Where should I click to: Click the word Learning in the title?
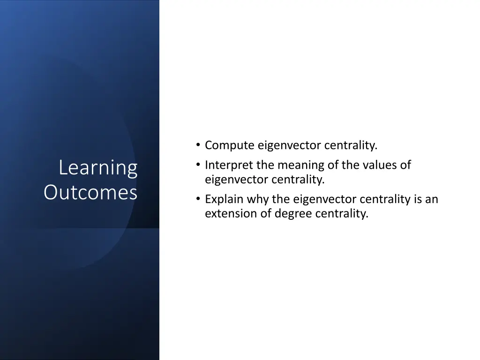[98, 168]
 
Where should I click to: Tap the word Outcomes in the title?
[90, 192]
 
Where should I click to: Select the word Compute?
[230, 146]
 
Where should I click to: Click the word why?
[257, 200]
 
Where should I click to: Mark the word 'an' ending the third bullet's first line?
[432, 200]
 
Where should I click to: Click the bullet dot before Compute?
[199, 146]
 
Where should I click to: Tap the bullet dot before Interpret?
[199, 165]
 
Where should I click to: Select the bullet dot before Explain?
[199, 200]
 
